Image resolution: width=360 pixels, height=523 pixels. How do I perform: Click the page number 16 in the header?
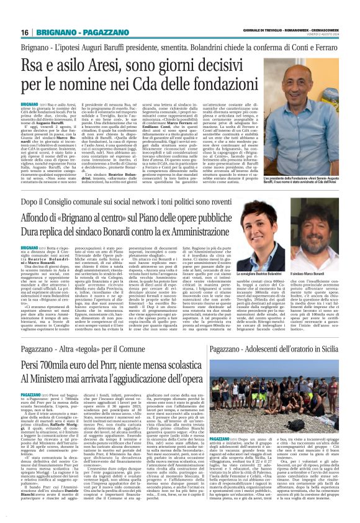pos(24,32)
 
